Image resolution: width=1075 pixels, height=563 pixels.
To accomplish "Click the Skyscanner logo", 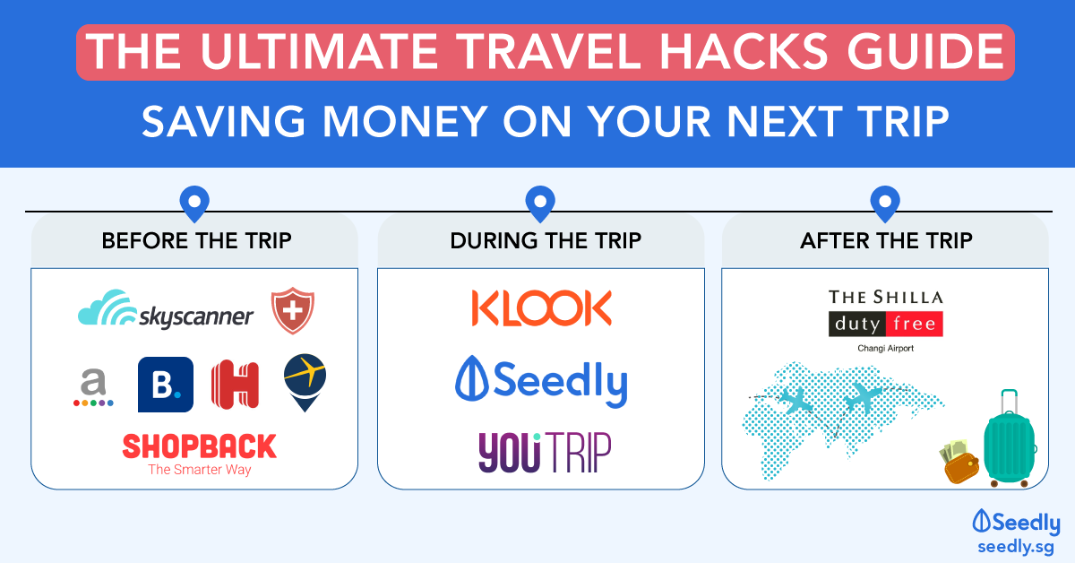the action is tap(166, 309).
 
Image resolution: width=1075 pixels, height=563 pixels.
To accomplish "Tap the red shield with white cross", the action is tap(293, 310).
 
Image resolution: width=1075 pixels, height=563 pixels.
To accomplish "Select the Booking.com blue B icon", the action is tap(166, 385).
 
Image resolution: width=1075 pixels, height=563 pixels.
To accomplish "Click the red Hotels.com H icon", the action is tap(235, 385).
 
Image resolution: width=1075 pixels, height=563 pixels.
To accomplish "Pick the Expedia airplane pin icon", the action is tap(305, 383).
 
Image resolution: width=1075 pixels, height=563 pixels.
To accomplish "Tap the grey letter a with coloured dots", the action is tap(93, 387).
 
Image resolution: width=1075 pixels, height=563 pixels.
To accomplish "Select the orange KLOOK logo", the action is tap(542, 307).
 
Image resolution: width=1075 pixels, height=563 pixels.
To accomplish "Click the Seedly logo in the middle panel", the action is tap(541, 382).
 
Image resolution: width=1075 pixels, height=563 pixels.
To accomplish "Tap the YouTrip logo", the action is tap(545, 452).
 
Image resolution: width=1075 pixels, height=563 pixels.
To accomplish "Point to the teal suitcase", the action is tap(1009, 438).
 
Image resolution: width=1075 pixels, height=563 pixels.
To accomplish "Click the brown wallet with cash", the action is tap(959, 461).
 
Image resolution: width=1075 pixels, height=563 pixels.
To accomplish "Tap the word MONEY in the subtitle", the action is tap(406, 121).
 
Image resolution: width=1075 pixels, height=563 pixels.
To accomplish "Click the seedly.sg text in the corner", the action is tap(1016, 547).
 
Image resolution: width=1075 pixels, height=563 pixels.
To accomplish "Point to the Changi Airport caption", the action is tap(886, 348).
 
